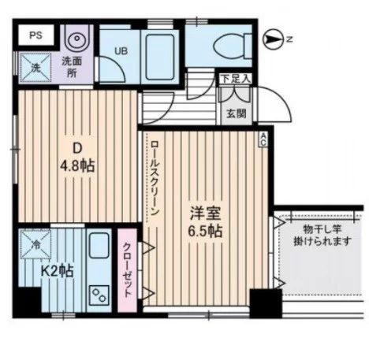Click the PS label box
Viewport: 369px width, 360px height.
pyautogui.click(x=36, y=35)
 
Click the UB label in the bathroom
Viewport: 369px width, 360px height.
pyautogui.click(x=121, y=52)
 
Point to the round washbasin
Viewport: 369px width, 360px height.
pyautogui.click(x=77, y=39)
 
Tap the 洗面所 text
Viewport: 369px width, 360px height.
pyautogui.click(x=73, y=67)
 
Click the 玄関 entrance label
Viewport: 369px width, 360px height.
pyautogui.click(x=235, y=113)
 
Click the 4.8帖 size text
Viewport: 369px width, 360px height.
pyautogui.click(x=78, y=165)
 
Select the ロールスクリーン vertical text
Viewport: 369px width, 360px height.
pyautogui.click(x=155, y=180)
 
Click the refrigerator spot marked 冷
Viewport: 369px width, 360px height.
pyautogui.click(x=36, y=245)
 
